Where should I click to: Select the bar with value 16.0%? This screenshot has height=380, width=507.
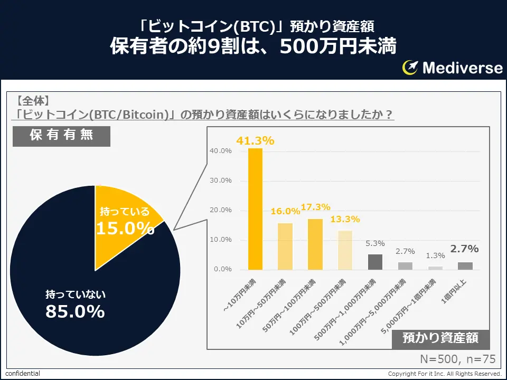285,246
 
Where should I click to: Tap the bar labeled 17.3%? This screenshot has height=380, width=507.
315,244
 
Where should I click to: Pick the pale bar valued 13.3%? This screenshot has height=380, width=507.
345,250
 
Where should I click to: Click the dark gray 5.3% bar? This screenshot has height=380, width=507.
375,262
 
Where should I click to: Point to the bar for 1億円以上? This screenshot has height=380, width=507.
465,266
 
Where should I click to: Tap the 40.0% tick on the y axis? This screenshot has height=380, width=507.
221,151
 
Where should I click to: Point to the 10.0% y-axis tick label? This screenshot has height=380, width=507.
221,240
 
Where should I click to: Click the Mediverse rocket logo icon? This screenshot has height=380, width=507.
410,67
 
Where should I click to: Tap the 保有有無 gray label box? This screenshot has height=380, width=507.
61,135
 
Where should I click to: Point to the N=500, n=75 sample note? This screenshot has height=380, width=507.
457,359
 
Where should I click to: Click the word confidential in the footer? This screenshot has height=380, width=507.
23,374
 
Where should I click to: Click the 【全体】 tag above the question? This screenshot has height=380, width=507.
33,100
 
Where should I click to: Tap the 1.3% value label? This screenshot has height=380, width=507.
435,255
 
